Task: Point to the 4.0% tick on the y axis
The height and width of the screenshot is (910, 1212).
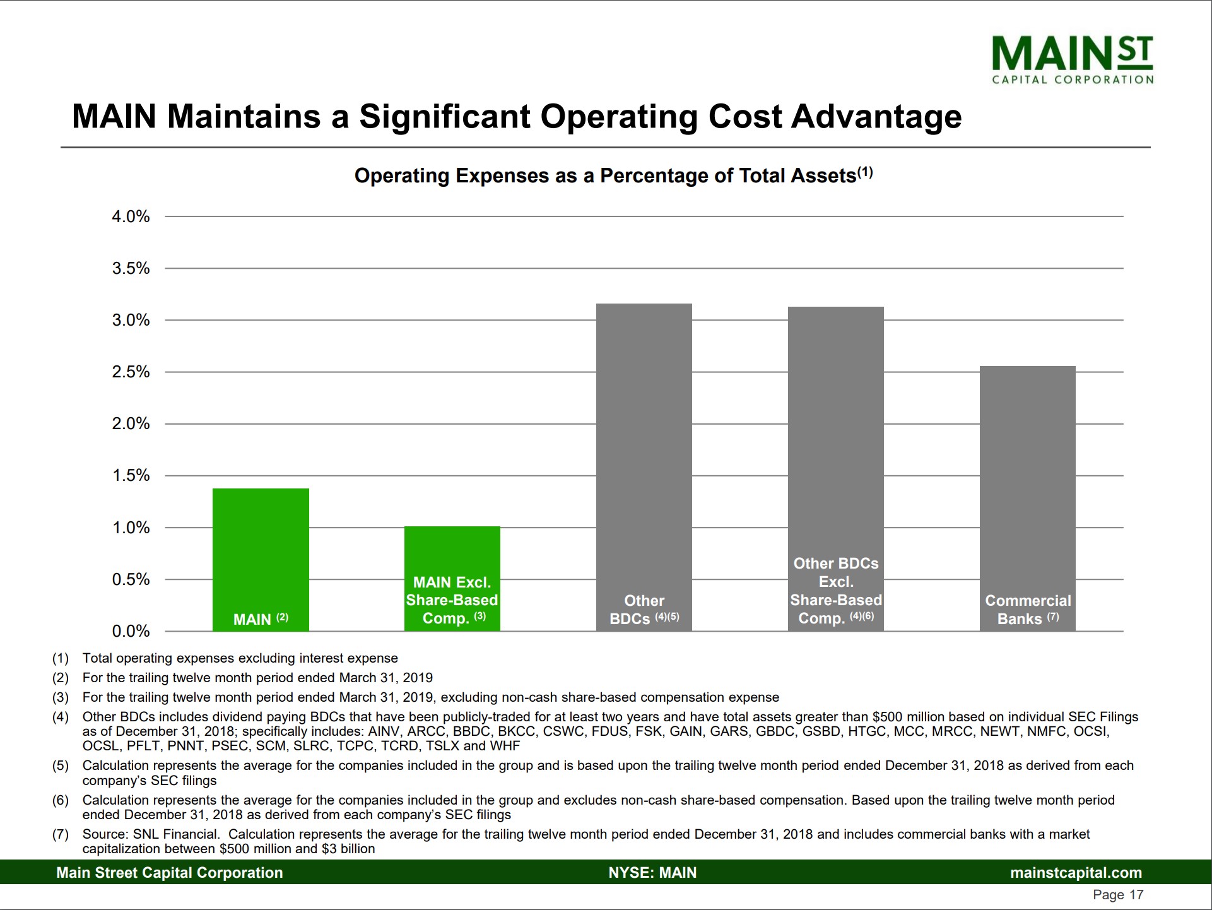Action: point(131,217)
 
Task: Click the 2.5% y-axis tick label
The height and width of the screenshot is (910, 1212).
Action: point(131,372)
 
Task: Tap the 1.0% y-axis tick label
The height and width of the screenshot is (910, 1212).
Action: point(131,528)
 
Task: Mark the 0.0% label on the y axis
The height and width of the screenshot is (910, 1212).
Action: point(131,631)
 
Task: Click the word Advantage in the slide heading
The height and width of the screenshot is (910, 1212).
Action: point(876,117)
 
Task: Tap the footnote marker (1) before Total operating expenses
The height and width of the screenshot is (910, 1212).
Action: point(61,658)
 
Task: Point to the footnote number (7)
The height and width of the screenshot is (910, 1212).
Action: point(61,834)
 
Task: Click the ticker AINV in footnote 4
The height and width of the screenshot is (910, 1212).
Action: point(384,731)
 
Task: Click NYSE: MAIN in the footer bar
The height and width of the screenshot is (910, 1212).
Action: point(652,873)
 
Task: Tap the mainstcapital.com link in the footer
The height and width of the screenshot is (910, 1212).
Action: point(1076,873)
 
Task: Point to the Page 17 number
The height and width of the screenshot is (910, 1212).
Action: point(1118,895)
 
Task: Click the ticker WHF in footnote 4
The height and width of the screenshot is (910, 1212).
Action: point(504,746)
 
